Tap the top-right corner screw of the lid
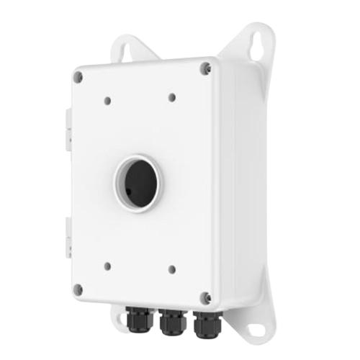pos(206,67)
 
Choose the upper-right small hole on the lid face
pos(171,96)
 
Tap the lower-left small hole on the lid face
pos(107,264)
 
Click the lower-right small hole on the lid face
pos(171,270)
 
